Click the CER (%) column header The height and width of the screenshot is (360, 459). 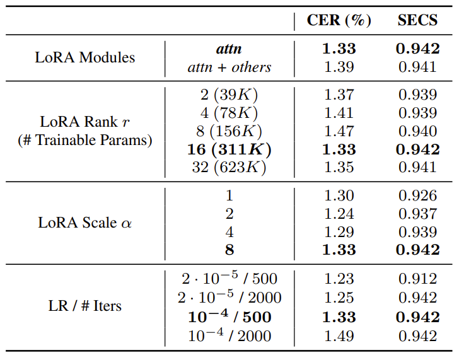[339, 20]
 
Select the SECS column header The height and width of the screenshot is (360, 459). [417, 20]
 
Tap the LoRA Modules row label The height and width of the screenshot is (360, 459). [85, 57]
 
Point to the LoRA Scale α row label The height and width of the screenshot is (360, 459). [85, 223]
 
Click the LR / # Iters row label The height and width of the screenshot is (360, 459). [85, 306]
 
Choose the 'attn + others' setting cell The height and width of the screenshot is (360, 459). [229, 67]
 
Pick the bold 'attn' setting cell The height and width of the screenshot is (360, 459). [229, 49]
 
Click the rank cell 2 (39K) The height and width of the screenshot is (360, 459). [229, 95]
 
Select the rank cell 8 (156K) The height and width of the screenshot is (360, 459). [229, 131]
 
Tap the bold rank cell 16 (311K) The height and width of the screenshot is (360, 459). [229, 149]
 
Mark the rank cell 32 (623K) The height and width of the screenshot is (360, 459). [229, 168]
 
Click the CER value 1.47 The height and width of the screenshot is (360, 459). [339, 131]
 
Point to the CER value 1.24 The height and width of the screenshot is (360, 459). [339, 214]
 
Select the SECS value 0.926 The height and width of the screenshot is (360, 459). [418, 195]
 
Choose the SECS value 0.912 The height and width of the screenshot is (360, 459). [418, 279]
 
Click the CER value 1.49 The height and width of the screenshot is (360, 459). [339, 336]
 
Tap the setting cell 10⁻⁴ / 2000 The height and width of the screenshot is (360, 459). [229, 335]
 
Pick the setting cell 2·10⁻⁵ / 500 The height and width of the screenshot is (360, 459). [229, 278]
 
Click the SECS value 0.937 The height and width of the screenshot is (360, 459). [418, 214]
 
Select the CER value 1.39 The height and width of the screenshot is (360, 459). [339, 67]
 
